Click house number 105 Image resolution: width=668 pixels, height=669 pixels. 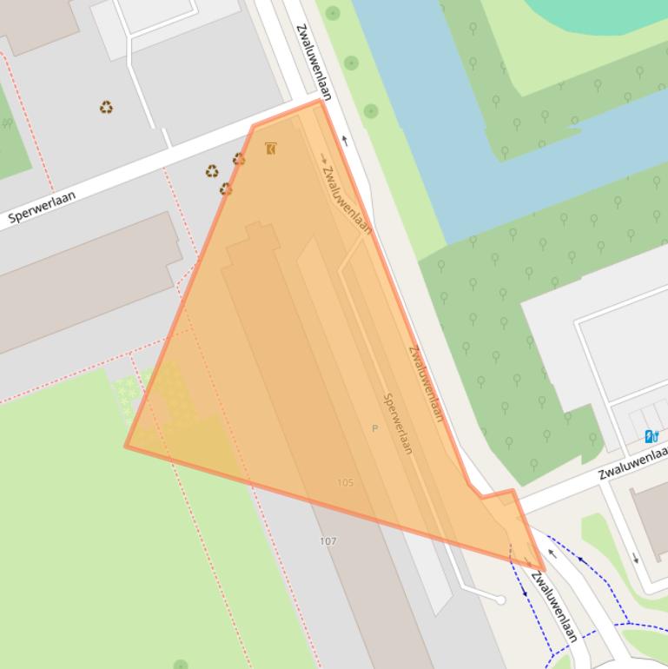pos(345,482)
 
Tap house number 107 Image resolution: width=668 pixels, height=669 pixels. pos(327,540)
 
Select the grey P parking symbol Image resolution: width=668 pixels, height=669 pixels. pos(375,428)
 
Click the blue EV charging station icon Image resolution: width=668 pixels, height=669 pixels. pos(651,436)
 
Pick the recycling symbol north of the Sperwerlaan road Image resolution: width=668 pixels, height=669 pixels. pos(106,108)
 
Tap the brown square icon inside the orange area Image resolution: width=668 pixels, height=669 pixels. pos(271,149)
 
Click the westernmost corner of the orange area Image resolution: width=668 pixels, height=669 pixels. pos(127,447)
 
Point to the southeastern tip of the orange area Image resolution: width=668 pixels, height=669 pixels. pos(542,570)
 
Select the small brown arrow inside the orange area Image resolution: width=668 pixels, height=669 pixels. pos(324,159)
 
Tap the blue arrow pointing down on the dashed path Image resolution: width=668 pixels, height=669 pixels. pos(524,590)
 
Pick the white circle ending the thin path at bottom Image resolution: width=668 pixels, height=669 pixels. pos(500,599)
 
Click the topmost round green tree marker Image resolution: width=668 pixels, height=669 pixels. pos(333,14)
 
